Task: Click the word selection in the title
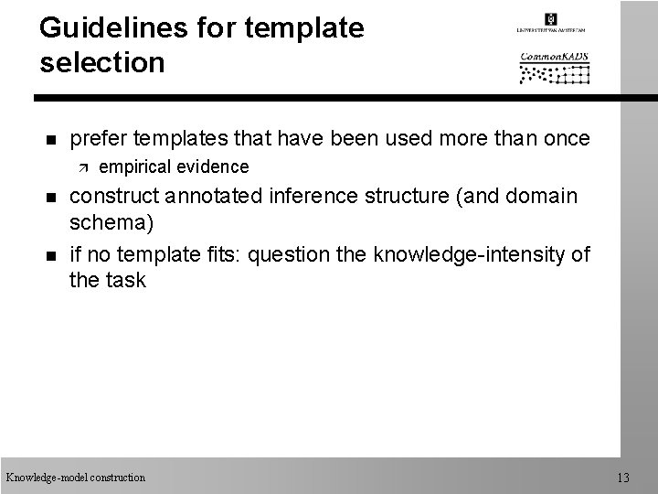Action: click(102, 63)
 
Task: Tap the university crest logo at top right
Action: click(551, 21)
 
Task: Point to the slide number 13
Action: click(624, 477)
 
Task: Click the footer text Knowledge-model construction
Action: click(75, 477)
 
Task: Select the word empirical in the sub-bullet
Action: click(135, 166)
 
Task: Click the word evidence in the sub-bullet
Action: click(212, 166)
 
